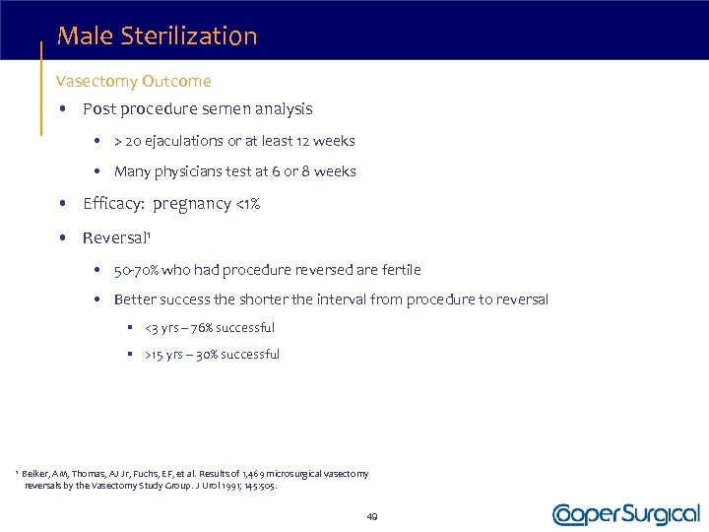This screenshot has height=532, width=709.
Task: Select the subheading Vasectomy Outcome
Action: [134, 81]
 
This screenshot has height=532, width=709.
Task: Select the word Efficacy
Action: [113, 204]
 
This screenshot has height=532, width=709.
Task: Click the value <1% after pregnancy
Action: [246, 204]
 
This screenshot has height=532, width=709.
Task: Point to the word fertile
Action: [400, 269]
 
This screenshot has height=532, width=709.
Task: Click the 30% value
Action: [208, 354]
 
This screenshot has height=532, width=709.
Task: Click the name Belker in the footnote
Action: [37, 474]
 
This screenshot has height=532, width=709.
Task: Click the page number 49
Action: [372, 516]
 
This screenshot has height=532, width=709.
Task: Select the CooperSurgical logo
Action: [625, 514]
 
